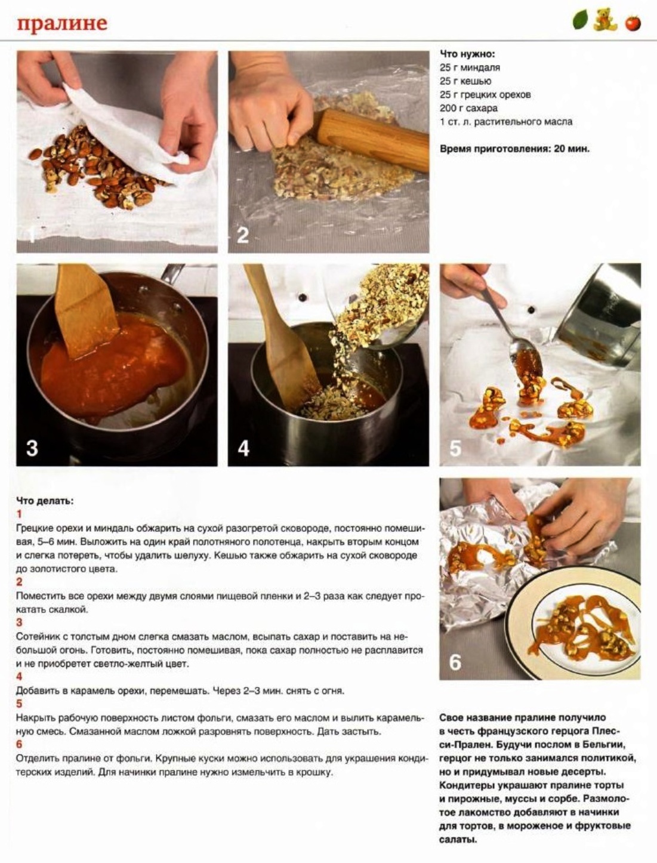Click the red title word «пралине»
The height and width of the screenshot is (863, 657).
point(62,24)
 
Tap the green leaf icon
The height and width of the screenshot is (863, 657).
point(580,20)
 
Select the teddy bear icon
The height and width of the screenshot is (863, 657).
point(604,20)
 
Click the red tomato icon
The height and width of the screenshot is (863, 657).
point(633,23)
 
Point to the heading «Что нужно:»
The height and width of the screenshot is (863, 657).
point(467,54)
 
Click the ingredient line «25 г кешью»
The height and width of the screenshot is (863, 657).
point(465,81)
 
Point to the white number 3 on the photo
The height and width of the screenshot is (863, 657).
point(32,448)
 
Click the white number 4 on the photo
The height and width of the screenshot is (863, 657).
point(243,448)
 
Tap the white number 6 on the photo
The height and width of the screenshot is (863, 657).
point(455,662)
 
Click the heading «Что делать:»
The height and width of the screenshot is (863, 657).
point(45,501)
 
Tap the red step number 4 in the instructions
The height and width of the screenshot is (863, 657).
point(19,677)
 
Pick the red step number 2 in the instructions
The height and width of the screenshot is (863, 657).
point(19,581)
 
